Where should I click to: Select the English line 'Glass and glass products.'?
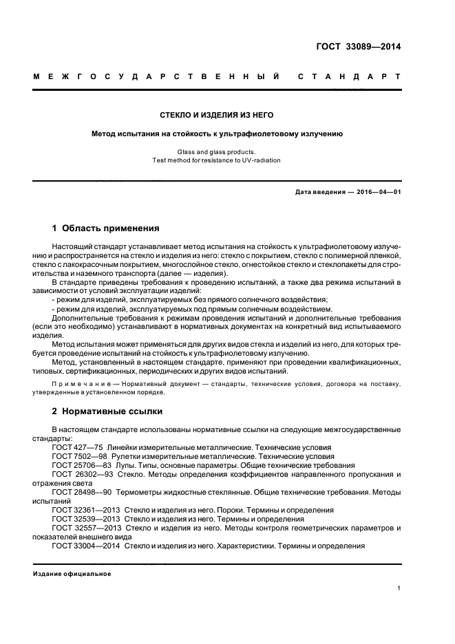point(217,151)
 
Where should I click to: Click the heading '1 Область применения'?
point(106,228)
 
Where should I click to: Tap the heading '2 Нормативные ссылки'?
point(107,411)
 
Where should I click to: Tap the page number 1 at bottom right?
point(399,588)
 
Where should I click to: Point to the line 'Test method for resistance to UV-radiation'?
point(217,160)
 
